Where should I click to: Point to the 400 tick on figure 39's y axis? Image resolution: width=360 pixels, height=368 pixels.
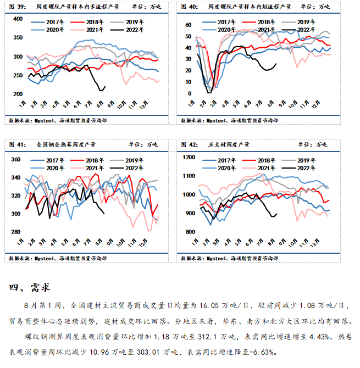point(16,19)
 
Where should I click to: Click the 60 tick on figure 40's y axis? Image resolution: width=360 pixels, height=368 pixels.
point(187,25)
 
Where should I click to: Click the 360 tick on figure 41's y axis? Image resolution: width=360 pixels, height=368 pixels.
point(15,159)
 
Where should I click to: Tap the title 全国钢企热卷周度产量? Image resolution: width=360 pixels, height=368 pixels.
point(66,144)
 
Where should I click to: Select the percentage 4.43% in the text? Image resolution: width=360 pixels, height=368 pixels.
point(318,336)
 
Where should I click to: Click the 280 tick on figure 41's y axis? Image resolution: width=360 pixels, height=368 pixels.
point(15,232)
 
